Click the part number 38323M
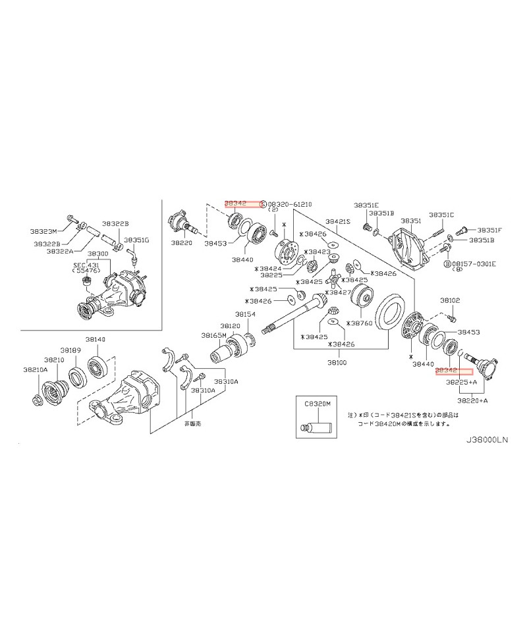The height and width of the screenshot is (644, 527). [44, 231]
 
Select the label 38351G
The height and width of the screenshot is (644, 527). [136, 240]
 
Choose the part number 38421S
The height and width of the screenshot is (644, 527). [338, 221]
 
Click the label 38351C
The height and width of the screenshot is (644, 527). [441, 215]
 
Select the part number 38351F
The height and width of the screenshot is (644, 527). [489, 230]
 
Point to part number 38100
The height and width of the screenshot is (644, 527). [337, 362]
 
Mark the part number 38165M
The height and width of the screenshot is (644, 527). [214, 335]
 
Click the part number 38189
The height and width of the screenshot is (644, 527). [70, 350]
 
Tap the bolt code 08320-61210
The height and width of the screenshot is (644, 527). [288, 204]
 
